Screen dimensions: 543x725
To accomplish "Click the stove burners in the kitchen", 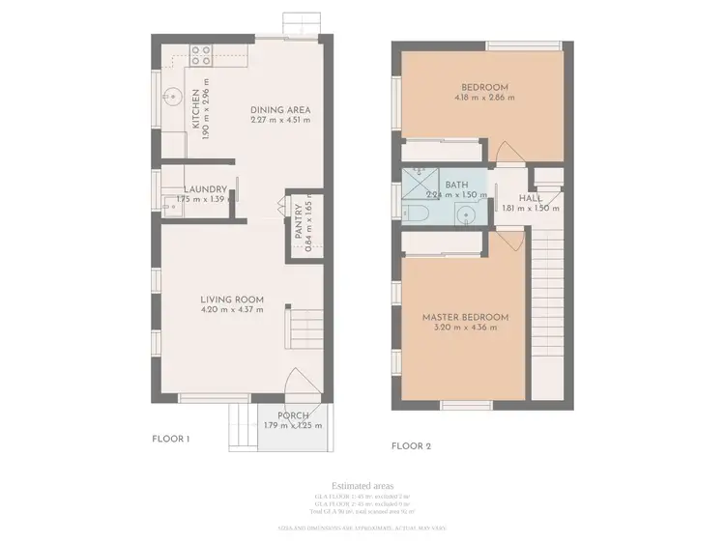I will [x=201, y=55].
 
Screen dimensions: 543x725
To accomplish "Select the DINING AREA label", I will [x=280, y=109].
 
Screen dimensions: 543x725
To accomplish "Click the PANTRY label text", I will [x=299, y=224].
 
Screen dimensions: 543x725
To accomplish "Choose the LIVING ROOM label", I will [x=232, y=300].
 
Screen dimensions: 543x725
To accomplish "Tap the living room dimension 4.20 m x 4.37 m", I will [x=232, y=311].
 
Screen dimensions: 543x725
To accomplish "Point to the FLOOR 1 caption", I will [x=171, y=439].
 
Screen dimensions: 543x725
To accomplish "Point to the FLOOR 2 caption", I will [x=411, y=446].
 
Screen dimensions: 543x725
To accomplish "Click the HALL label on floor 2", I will [x=530, y=198].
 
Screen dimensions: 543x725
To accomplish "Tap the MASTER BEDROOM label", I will [x=465, y=317].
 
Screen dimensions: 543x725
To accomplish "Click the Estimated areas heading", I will [x=362, y=485].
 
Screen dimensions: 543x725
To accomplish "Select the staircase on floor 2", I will [x=547, y=290].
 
